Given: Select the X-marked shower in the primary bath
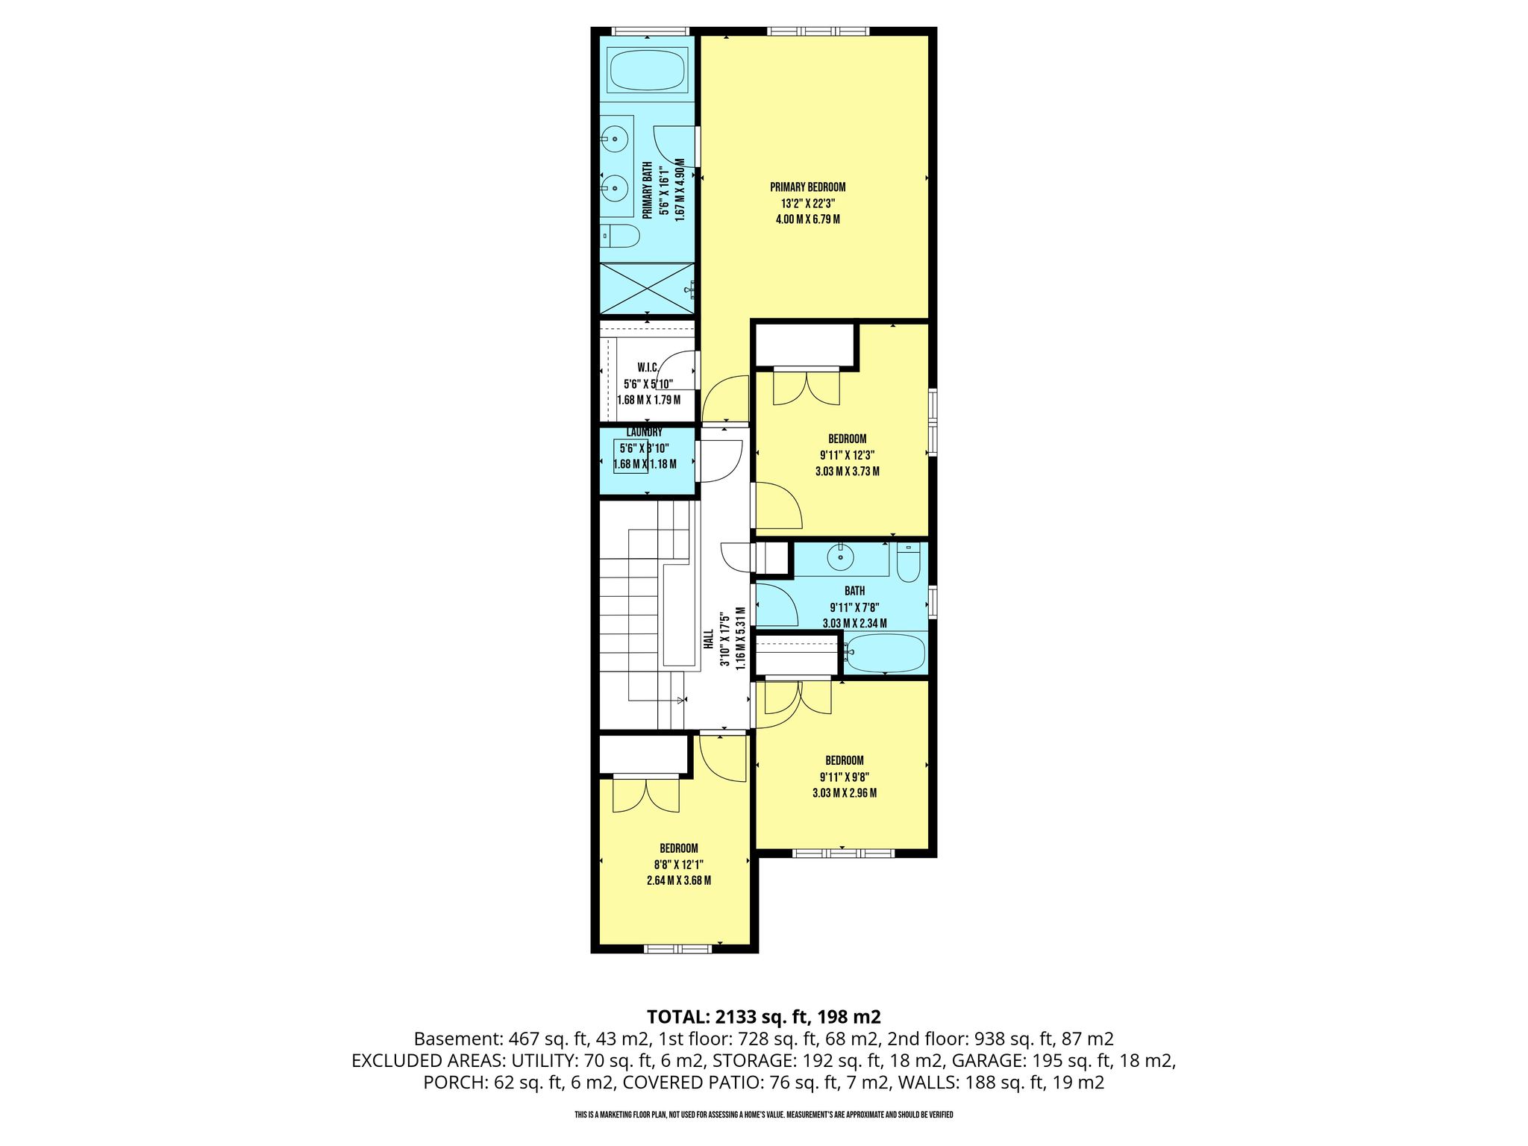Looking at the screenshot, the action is (647, 289).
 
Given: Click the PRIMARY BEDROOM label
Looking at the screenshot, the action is (808, 187).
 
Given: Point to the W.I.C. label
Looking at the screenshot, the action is (647, 367).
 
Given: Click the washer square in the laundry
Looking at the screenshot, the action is (630, 457).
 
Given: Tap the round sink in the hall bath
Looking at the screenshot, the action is (842, 557).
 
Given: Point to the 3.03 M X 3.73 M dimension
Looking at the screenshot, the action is (847, 472).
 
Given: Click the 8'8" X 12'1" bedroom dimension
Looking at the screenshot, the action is (678, 865).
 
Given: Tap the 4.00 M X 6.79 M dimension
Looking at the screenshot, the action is (808, 219).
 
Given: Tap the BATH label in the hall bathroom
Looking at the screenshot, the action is (854, 591).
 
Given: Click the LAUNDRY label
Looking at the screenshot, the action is (644, 433).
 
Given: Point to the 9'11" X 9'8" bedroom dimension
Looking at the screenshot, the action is (844, 777).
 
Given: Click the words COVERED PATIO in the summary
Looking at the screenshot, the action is (690, 1083).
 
